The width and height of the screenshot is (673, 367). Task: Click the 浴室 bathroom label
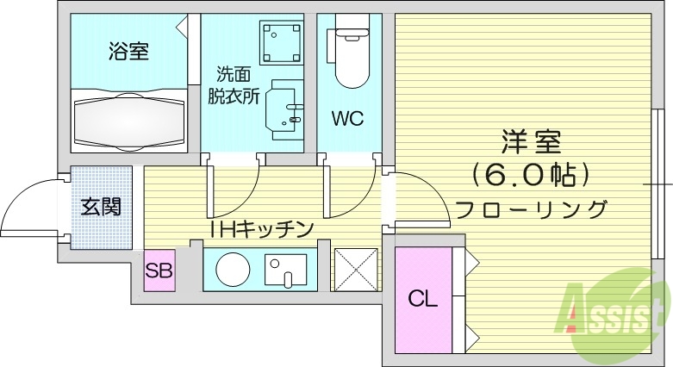tap(128, 52)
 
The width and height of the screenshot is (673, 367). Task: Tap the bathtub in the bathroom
tap(128, 121)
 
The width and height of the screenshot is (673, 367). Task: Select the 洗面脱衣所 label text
tap(233, 85)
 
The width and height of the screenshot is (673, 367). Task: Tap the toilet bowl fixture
tap(350, 57)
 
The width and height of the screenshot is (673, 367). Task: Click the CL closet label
tap(422, 299)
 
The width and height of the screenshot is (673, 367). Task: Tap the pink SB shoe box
tap(159, 271)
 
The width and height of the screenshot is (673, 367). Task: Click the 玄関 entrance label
tap(101, 207)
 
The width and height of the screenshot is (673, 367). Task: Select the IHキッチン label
tap(260, 228)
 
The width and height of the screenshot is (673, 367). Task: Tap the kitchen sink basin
tap(284, 271)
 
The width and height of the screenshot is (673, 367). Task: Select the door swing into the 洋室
tap(421, 196)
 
